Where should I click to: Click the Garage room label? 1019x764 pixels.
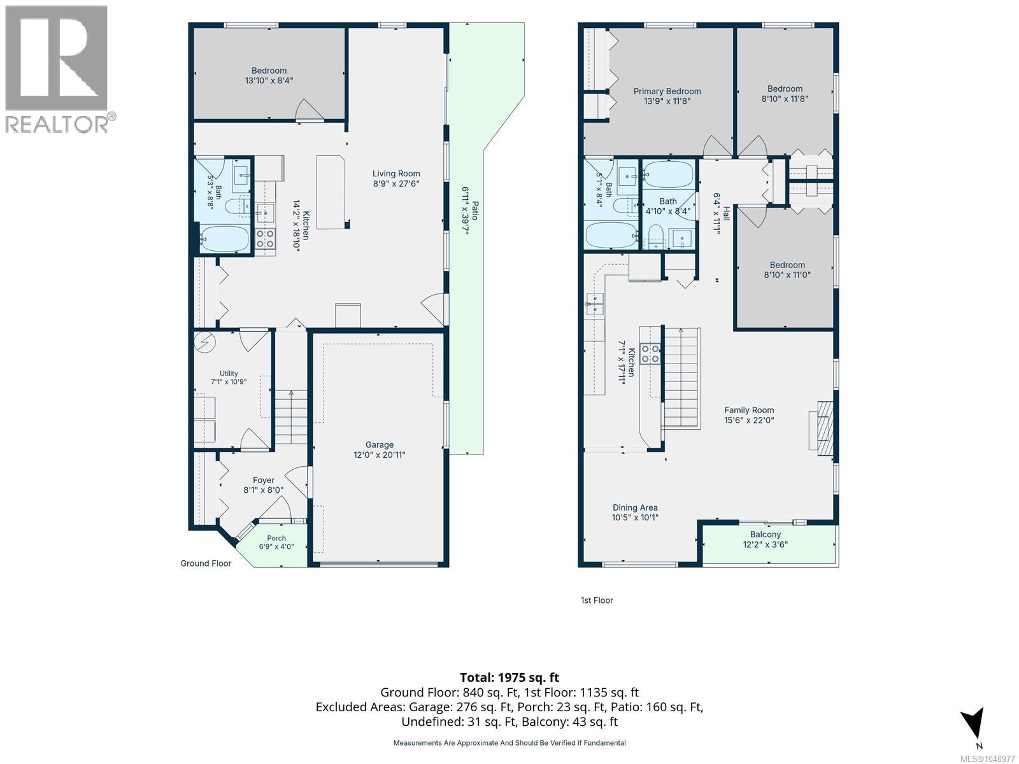click(380, 444)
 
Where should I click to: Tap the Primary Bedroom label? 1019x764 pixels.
click(667, 92)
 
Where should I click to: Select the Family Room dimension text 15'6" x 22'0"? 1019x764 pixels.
click(749, 420)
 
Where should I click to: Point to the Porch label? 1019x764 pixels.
click(276, 538)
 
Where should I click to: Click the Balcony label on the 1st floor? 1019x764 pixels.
click(765, 534)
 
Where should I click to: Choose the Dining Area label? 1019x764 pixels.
click(635, 507)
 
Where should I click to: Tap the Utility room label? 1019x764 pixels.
click(229, 373)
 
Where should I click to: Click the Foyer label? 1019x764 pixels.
click(263, 480)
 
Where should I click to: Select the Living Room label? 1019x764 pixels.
click(396, 173)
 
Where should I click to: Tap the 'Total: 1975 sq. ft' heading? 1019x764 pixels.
click(509, 677)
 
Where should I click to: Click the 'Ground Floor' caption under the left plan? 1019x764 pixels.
click(206, 563)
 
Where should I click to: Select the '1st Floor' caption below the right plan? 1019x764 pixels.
click(597, 600)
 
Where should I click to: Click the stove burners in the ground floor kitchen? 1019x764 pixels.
click(265, 239)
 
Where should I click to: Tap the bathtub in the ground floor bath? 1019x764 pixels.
click(225, 238)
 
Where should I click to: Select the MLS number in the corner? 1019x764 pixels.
click(987, 759)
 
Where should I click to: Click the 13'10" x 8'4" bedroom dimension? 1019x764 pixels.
click(269, 81)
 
